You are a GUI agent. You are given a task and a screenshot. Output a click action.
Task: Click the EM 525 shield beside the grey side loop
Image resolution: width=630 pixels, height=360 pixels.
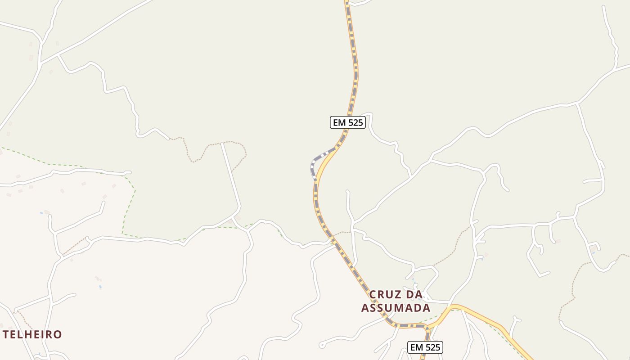pyautogui.click(x=347, y=122)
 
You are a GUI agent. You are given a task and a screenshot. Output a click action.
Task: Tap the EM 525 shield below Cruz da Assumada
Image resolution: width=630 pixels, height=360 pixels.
pyautogui.click(x=425, y=347)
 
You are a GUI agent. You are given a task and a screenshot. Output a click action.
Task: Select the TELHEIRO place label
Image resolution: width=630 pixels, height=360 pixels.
pyautogui.click(x=32, y=335)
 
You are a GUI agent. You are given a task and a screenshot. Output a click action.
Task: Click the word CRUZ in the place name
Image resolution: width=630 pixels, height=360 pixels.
pyautogui.click(x=383, y=295)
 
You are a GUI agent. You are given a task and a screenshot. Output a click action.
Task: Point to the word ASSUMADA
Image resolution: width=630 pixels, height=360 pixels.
pyautogui.click(x=396, y=308)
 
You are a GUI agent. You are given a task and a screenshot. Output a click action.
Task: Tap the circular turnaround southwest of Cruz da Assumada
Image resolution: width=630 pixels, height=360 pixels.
pyautogui.click(x=321, y=346)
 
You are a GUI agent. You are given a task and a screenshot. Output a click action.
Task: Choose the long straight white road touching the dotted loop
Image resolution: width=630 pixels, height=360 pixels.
pyautogui.click(x=230, y=175)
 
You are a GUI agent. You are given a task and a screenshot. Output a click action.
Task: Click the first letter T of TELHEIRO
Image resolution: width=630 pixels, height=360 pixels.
pyautogui.click(x=6, y=335)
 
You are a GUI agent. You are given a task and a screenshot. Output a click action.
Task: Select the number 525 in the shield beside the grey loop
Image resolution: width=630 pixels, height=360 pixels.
pyautogui.click(x=354, y=122)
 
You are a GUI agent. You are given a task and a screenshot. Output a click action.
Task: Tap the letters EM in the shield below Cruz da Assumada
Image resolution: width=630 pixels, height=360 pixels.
pyautogui.click(x=417, y=347)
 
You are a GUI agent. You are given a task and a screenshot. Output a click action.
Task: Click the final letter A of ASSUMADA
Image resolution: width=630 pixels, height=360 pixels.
pyautogui.click(x=426, y=308)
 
